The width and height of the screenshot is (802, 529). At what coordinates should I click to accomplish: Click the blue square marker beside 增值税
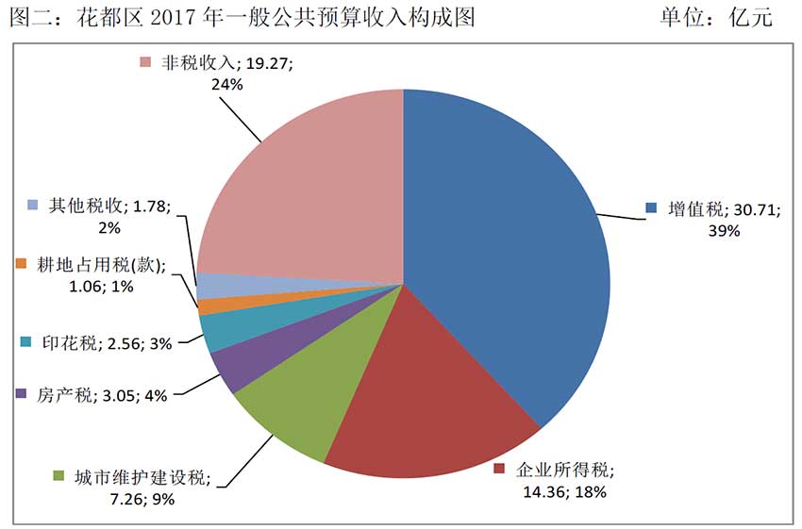(650, 207)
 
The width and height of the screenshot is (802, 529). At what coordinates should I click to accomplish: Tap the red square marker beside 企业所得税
(500, 469)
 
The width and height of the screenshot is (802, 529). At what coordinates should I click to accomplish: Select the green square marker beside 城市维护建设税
(59, 475)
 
